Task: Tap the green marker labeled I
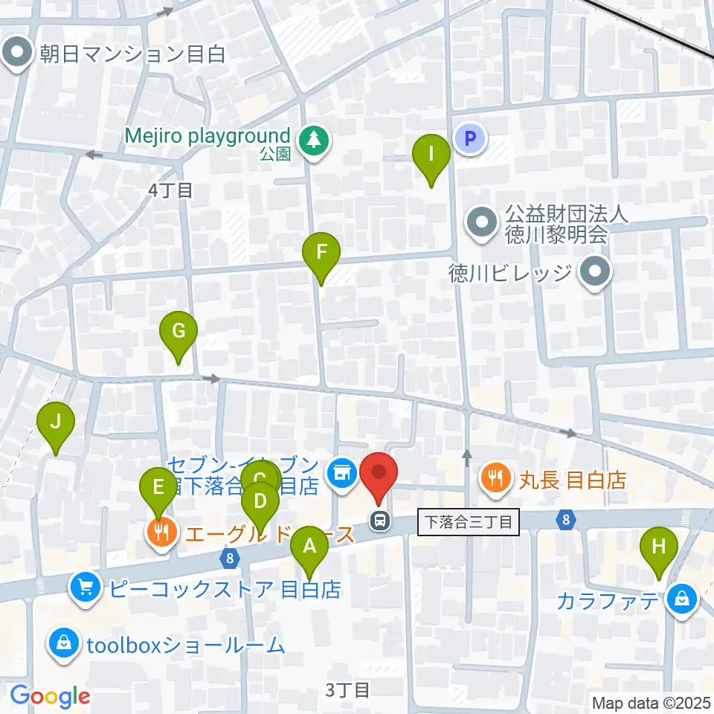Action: click(x=431, y=154)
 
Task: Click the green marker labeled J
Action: click(x=56, y=422)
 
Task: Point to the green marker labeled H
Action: click(x=659, y=547)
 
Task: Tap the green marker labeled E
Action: click(x=158, y=487)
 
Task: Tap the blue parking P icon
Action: click(x=469, y=138)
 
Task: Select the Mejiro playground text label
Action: click(x=207, y=136)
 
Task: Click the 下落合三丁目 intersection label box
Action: click(x=468, y=521)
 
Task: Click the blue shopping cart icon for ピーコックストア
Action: click(x=86, y=588)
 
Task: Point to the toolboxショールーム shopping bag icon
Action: click(x=64, y=643)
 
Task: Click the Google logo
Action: click(x=50, y=696)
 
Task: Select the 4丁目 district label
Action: click(x=170, y=190)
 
